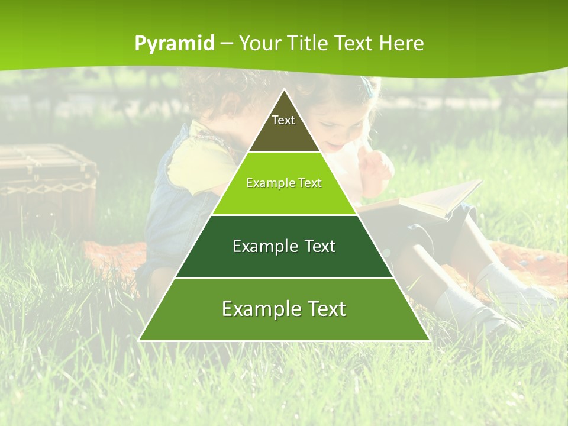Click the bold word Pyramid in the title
(175, 44)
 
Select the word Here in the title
(402, 43)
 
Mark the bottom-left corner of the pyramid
(140, 340)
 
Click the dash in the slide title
(227, 44)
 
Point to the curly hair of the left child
(207, 95)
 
